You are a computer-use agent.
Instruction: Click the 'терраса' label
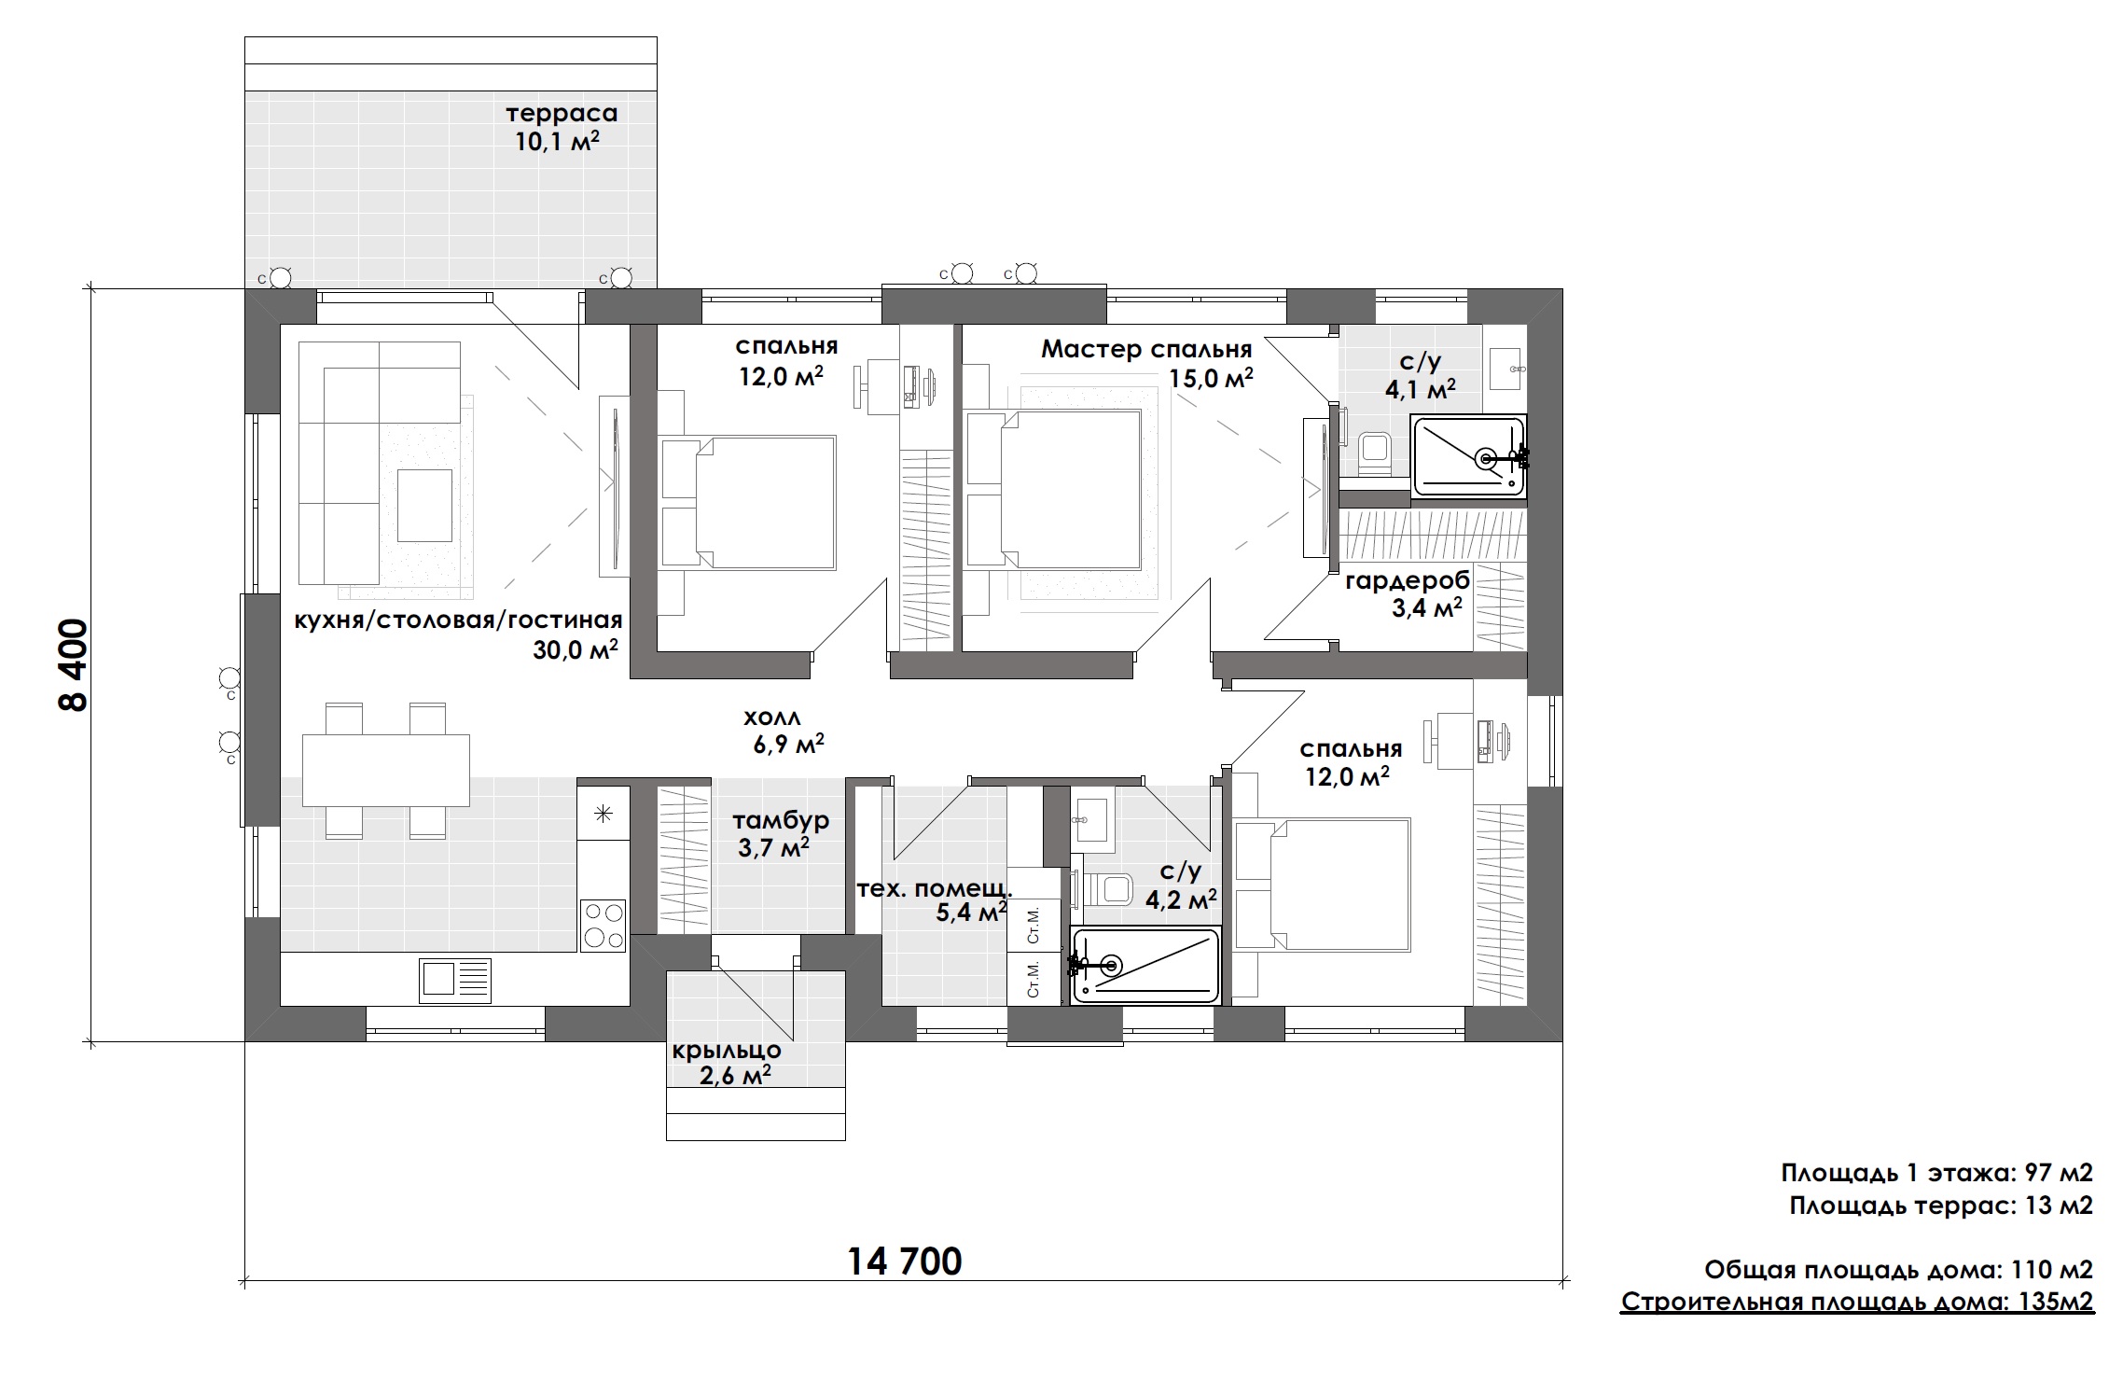562,114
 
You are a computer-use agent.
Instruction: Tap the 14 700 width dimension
904,1262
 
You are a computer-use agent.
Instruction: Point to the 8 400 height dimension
74,664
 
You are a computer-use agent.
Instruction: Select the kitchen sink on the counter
455,980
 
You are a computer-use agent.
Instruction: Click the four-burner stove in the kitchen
603,924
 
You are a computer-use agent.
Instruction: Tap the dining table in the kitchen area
385,769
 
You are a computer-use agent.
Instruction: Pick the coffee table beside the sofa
424,505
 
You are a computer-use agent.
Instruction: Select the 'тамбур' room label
781,820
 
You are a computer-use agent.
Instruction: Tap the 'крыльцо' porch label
727,1051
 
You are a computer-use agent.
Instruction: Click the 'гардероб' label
1408,581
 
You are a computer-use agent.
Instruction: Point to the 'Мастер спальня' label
1146,350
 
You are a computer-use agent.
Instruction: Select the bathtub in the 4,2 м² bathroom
1146,966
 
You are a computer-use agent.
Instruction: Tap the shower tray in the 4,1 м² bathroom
1469,456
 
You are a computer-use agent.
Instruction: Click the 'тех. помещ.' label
935,888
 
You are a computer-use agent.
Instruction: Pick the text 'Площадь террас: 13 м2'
1941,1206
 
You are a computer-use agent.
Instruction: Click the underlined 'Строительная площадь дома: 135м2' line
1857,1301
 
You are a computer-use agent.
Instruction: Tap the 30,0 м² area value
576,650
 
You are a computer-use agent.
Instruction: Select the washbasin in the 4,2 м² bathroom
1092,820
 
